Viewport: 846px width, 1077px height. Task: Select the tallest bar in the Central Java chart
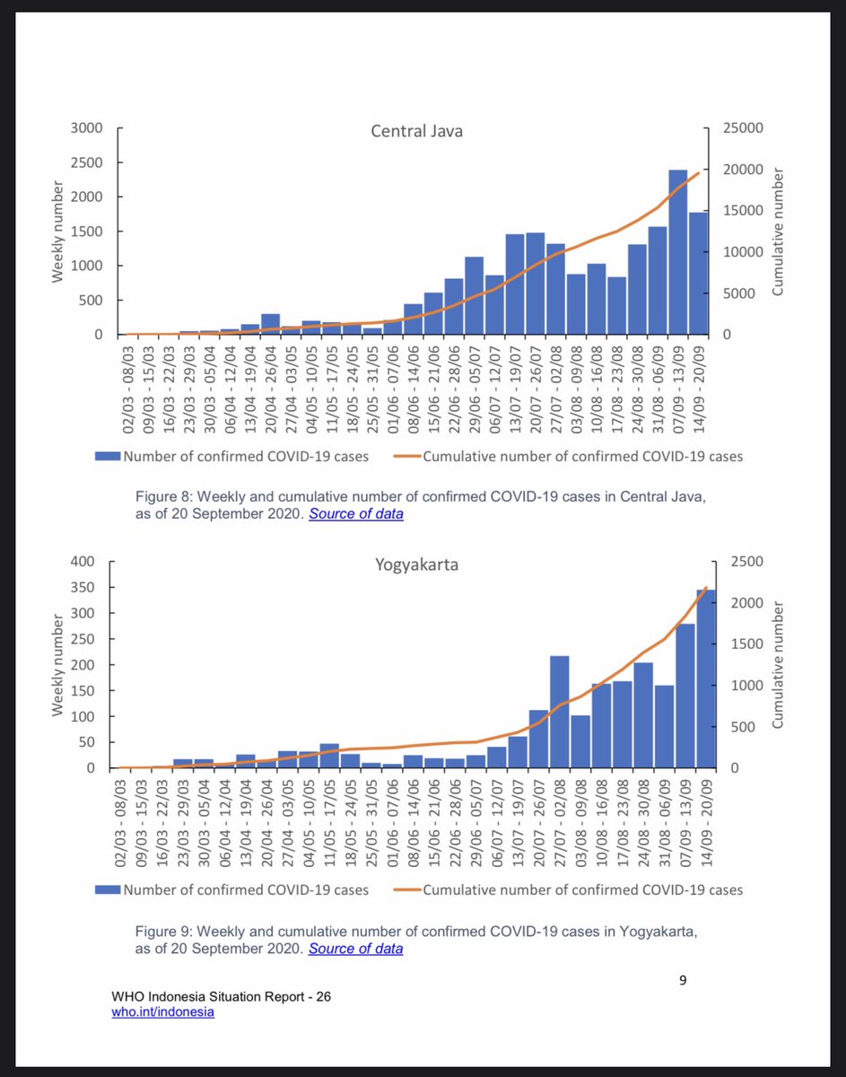[x=678, y=252]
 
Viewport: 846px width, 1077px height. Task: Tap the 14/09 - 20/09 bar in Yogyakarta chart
[x=705, y=679]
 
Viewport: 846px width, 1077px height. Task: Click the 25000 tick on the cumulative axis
[x=744, y=128]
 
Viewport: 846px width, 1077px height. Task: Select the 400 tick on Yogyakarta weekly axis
[x=83, y=562]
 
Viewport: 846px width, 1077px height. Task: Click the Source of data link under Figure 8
[x=356, y=514]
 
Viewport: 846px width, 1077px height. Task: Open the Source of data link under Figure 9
[x=356, y=949]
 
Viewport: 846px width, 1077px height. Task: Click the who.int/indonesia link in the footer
[x=163, y=1012]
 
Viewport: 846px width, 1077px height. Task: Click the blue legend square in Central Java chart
[x=108, y=457]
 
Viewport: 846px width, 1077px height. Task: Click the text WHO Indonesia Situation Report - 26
[x=222, y=997]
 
